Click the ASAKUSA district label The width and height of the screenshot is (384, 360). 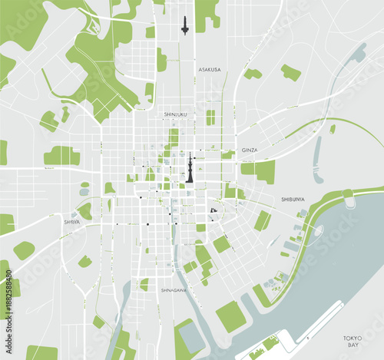[x=209, y=70]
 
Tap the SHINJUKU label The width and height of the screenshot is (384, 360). [x=176, y=114]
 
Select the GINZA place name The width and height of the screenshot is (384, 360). [x=250, y=150]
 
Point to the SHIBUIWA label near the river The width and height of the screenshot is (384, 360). [x=294, y=198]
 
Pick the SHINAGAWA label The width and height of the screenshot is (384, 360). [x=174, y=290]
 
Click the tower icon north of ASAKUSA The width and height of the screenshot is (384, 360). [x=184, y=25]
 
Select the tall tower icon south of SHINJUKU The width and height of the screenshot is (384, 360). [x=189, y=168]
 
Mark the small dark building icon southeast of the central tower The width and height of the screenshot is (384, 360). [x=214, y=210]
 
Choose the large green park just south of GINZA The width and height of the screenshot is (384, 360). [x=260, y=170]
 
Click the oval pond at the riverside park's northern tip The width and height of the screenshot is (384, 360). [x=349, y=201]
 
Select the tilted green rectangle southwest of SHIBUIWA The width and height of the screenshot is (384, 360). [x=263, y=221]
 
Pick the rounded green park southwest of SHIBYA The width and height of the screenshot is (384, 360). [x=23, y=250]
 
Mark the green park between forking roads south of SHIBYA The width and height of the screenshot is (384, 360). [x=84, y=261]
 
